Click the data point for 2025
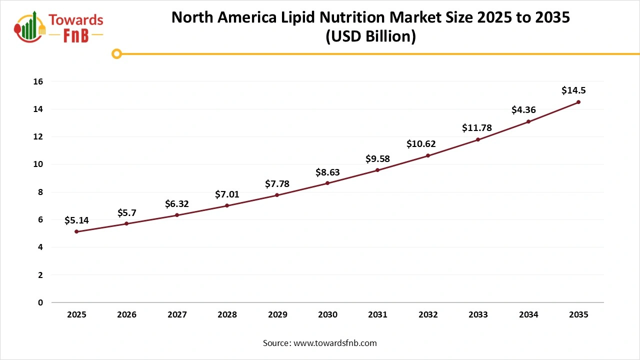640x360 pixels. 76,231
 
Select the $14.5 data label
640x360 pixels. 573,90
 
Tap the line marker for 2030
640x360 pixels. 327,183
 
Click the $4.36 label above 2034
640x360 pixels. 523,110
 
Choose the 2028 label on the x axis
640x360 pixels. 227,315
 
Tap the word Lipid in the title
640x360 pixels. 305,17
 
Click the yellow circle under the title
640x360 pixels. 116,53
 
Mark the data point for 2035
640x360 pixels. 578,102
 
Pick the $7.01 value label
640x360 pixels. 227,194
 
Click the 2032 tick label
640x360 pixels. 428,315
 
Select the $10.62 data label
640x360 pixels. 421,144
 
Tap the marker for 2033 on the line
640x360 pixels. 478,139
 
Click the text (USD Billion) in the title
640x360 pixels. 370,37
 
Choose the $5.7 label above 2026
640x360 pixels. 126,212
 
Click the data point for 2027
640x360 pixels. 177,215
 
